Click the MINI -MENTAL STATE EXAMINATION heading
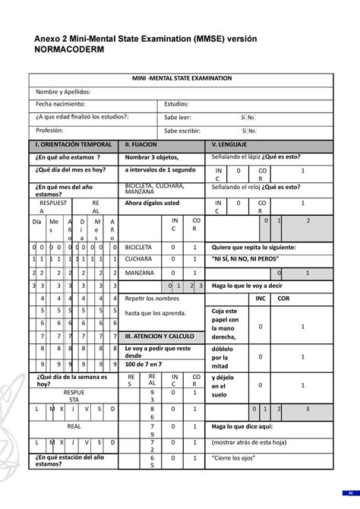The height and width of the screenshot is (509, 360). point(179,78)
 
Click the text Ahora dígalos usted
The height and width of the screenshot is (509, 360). point(152,204)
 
